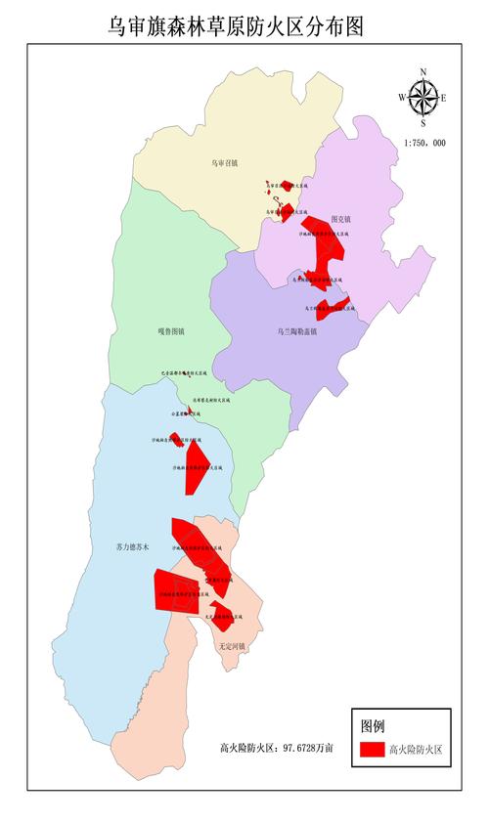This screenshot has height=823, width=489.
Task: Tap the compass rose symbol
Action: (x=422, y=98)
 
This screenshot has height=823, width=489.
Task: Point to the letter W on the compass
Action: (x=402, y=98)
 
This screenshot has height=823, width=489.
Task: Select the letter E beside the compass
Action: (x=443, y=98)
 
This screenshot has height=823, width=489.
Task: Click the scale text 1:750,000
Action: (x=423, y=143)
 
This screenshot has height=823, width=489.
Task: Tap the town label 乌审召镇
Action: (x=225, y=163)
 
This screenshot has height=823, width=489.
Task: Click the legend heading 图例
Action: (x=373, y=725)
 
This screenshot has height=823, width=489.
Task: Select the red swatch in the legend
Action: (x=371, y=750)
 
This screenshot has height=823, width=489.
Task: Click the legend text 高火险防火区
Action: (x=416, y=750)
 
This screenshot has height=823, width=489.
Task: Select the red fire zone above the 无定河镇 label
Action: (x=222, y=614)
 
